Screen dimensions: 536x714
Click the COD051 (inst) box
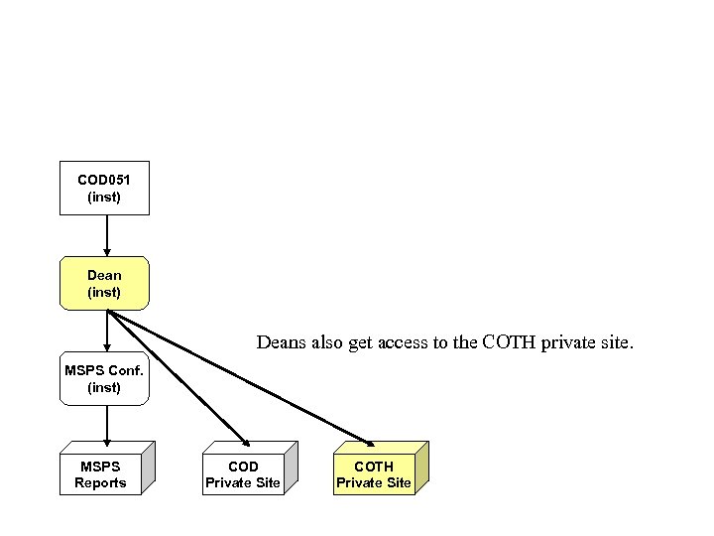(x=104, y=188)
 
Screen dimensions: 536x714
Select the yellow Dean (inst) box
(x=104, y=283)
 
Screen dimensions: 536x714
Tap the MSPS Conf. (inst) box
(x=104, y=378)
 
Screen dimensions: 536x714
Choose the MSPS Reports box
(x=100, y=474)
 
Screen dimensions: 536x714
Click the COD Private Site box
(x=243, y=474)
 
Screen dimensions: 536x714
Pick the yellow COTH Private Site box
(x=374, y=474)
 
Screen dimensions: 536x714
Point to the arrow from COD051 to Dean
(x=106, y=235)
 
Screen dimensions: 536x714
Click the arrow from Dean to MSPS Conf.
(x=106, y=331)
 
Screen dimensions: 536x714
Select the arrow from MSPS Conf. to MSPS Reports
(x=106, y=426)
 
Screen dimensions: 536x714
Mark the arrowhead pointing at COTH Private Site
(x=371, y=442)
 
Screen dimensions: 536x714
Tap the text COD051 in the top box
(x=104, y=180)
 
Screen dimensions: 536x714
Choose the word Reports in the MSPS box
(x=100, y=483)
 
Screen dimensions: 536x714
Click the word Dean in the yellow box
(x=104, y=275)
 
